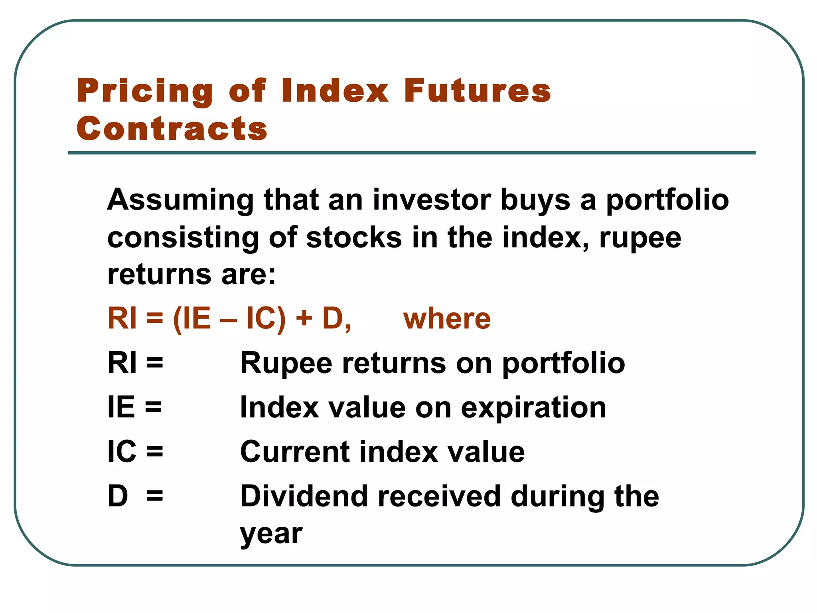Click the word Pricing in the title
pos(145,91)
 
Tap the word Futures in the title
pos(477,91)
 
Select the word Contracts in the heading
pos(172,129)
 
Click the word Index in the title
pos(334,91)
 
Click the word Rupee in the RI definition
pos(286,364)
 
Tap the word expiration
pos(533,408)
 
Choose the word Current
pos(294,452)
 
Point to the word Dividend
pos(304,496)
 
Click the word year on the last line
pos(271,534)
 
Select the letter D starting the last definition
pos(118,496)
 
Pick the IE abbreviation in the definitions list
pos(121,407)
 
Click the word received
pos(439,496)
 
